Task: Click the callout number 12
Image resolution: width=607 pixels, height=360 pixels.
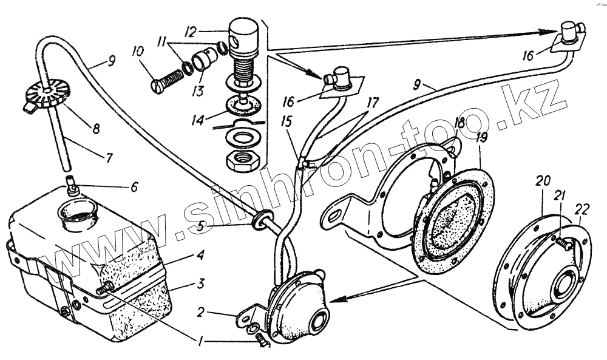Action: (191, 30)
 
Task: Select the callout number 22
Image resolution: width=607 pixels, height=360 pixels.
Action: (582, 209)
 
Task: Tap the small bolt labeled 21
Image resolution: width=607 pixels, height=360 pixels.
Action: (562, 243)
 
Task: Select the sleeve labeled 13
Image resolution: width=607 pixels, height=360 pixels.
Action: (203, 61)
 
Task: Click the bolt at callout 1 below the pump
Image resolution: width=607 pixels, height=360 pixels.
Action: (262, 341)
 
